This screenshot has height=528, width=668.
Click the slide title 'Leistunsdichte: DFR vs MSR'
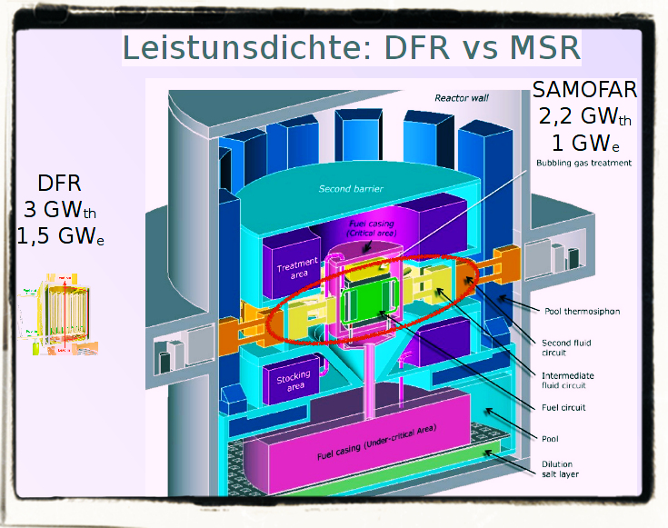point(351,46)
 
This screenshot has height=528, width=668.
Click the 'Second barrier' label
point(350,189)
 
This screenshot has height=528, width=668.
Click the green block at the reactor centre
point(366,301)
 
